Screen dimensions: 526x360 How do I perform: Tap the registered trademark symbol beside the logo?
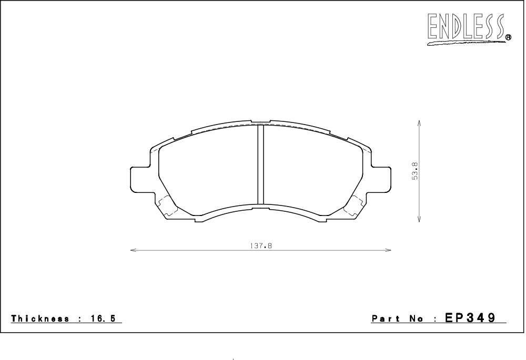click(x=508, y=37)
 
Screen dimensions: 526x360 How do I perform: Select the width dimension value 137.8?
click(x=261, y=246)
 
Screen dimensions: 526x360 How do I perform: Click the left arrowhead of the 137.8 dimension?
click(x=133, y=250)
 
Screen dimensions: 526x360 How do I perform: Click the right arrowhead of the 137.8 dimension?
click(x=388, y=250)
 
